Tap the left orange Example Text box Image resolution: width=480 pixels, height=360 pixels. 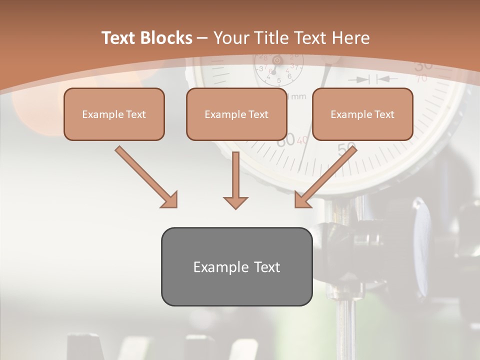(x=114, y=114)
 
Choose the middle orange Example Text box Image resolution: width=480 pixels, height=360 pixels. (x=236, y=114)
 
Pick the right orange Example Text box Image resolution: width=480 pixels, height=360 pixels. (x=362, y=114)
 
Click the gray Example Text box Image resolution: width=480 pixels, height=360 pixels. (x=237, y=266)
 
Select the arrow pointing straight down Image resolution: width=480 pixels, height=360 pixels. (x=235, y=180)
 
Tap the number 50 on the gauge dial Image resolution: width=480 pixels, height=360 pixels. (x=346, y=148)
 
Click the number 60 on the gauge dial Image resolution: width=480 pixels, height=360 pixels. (x=286, y=140)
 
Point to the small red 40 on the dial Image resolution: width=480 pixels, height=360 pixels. (x=302, y=140)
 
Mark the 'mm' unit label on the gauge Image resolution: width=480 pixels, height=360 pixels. (x=298, y=96)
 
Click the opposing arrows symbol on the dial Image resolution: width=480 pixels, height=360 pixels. (x=373, y=79)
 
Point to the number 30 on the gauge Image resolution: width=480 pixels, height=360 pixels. (x=423, y=65)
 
